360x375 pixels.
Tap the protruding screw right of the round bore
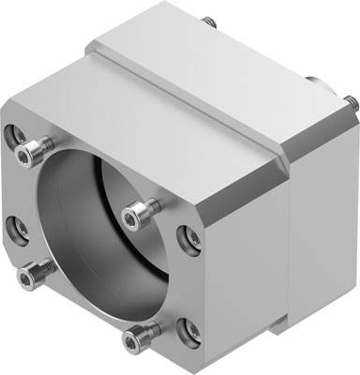click(138, 206)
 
